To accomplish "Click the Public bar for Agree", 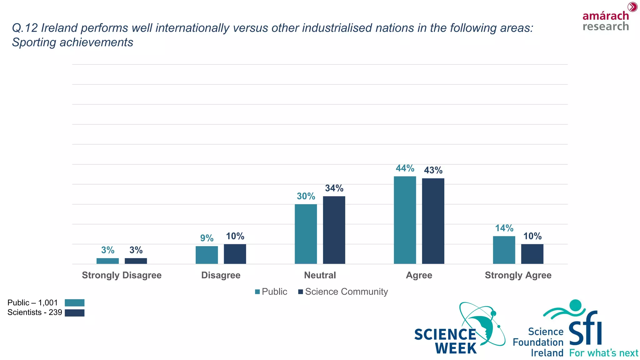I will (x=405, y=220).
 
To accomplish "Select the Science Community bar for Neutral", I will (x=334, y=230).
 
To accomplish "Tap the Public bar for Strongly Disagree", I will (x=107, y=261).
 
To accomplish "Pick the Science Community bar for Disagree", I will (x=235, y=254).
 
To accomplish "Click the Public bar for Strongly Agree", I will (x=504, y=250).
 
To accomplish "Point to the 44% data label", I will (x=405, y=168).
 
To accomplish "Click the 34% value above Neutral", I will (x=334, y=188).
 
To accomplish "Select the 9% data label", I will (x=207, y=238).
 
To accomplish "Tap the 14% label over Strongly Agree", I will (x=504, y=228).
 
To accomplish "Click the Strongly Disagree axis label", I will (x=122, y=275).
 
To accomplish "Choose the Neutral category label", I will (x=320, y=275).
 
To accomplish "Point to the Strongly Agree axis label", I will (x=518, y=275).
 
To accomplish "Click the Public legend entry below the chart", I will (x=271, y=292).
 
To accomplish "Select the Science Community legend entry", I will (x=343, y=292).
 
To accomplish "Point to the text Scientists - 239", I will (x=35, y=312).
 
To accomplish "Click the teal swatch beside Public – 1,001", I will (x=74, y=302).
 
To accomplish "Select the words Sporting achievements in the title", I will (x=72, y=42).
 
